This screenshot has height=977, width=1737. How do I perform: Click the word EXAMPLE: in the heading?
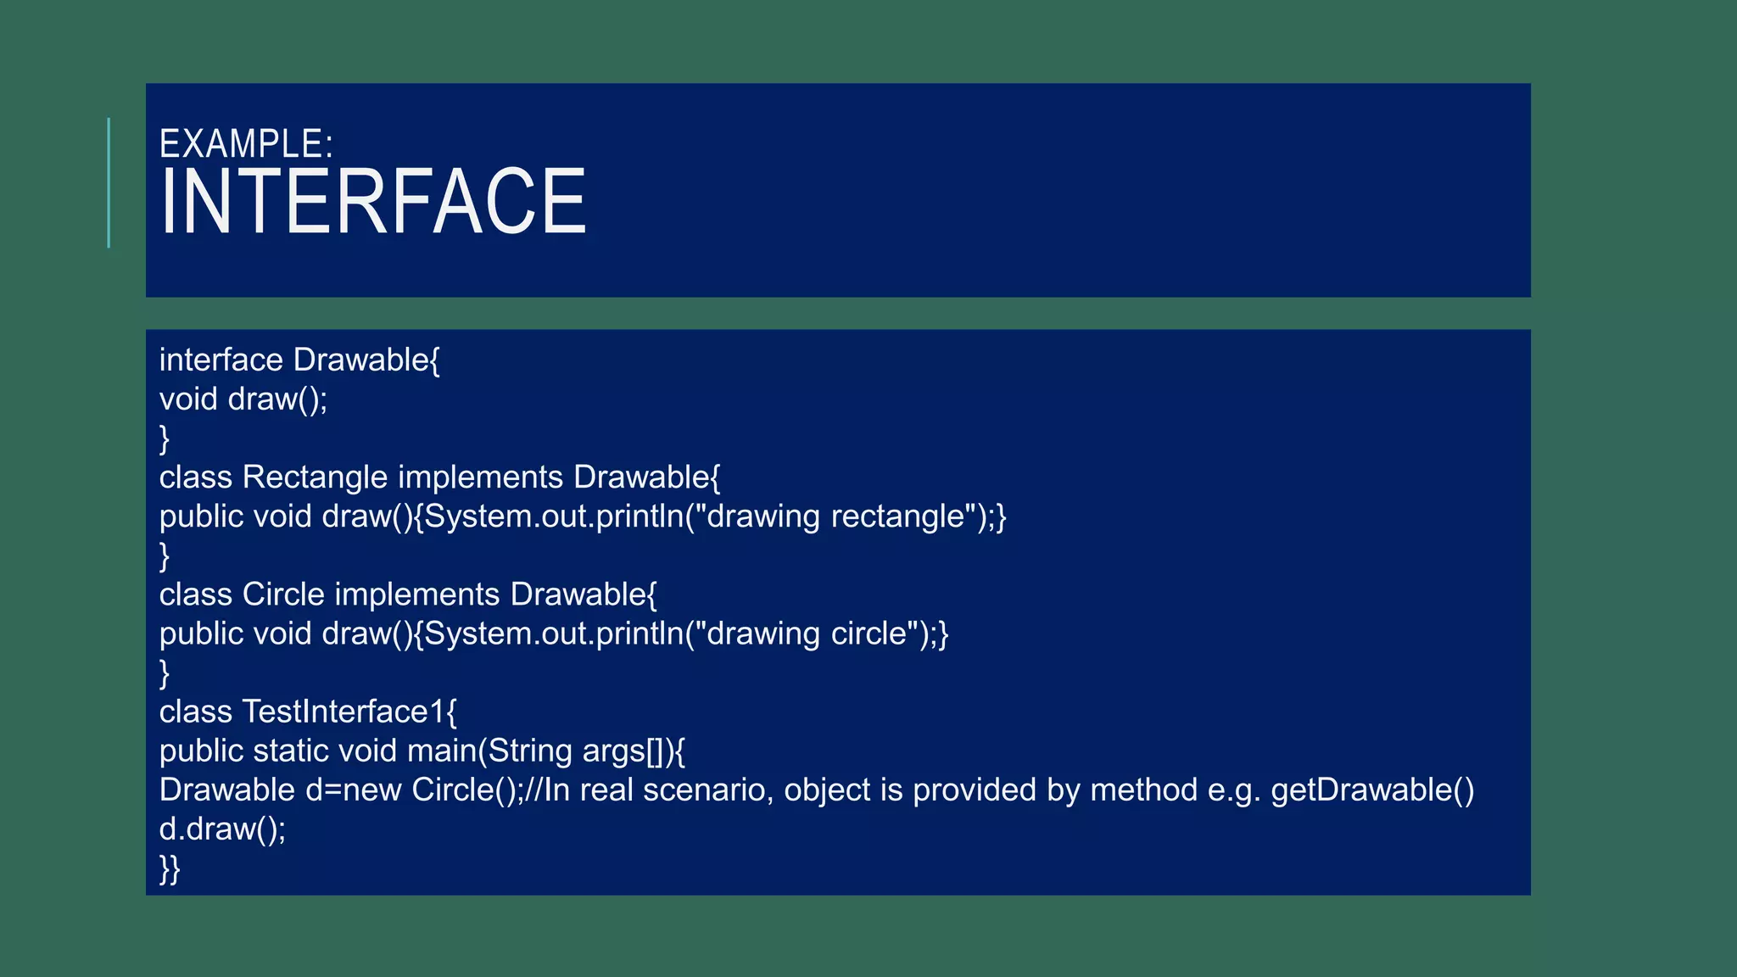pos(246,144)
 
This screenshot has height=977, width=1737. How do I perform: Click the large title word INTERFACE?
pos(373,202)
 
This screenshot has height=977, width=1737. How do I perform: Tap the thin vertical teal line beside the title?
pos(109,182)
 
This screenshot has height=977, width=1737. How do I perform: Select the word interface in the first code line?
pos(221,360)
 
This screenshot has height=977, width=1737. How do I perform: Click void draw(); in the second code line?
pos(243,399)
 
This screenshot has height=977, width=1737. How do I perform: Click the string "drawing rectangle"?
pos(835,516)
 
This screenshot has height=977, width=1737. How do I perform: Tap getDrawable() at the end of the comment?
pos(1372,790)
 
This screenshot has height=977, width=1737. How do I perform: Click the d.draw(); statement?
pos(222,829)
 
